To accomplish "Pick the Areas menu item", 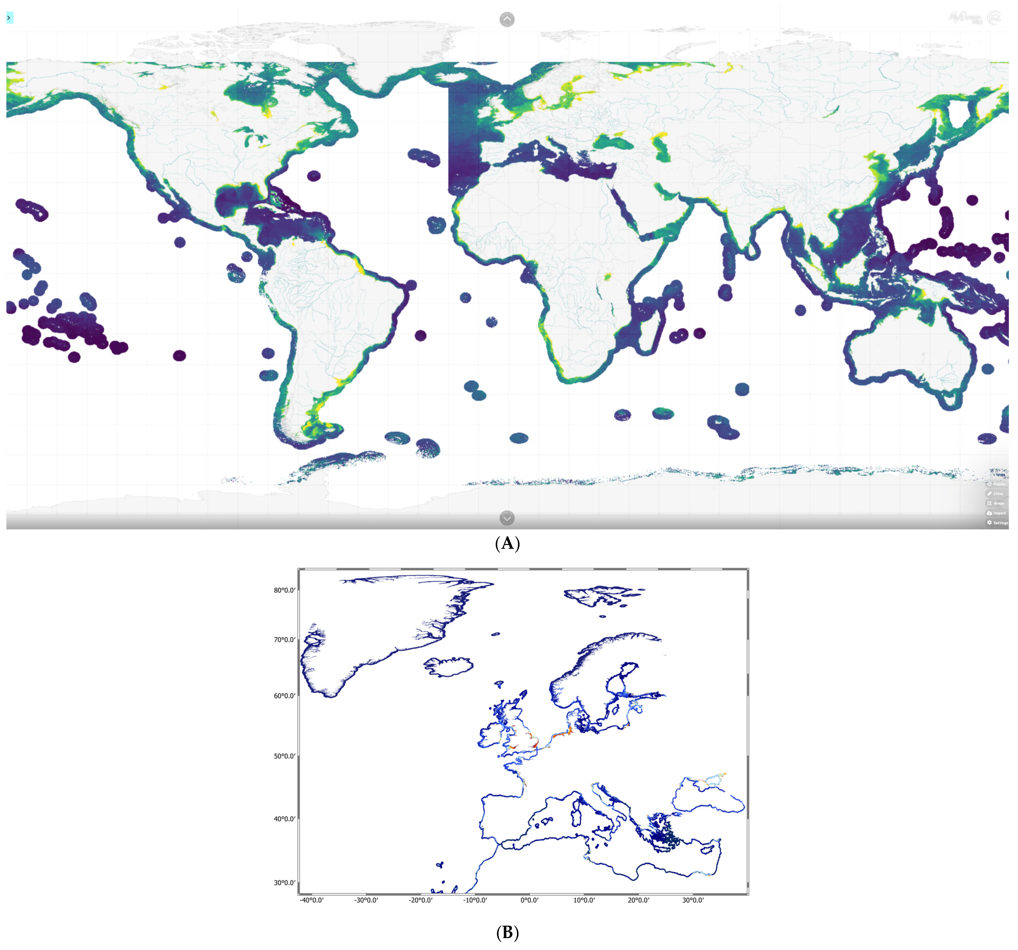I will click(x=996, y=503).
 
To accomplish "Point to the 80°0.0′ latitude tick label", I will click(x=284, y=590).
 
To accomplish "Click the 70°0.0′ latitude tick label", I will click(x=284, y=640).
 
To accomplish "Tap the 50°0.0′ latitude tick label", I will click(x=284, y=756).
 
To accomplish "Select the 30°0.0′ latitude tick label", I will click(x=284, y=882).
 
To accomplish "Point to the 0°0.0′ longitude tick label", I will click(x=529, y=900).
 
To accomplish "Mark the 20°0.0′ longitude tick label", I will click(x=638, y=900).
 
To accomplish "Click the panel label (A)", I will click(x=507, y=543).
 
